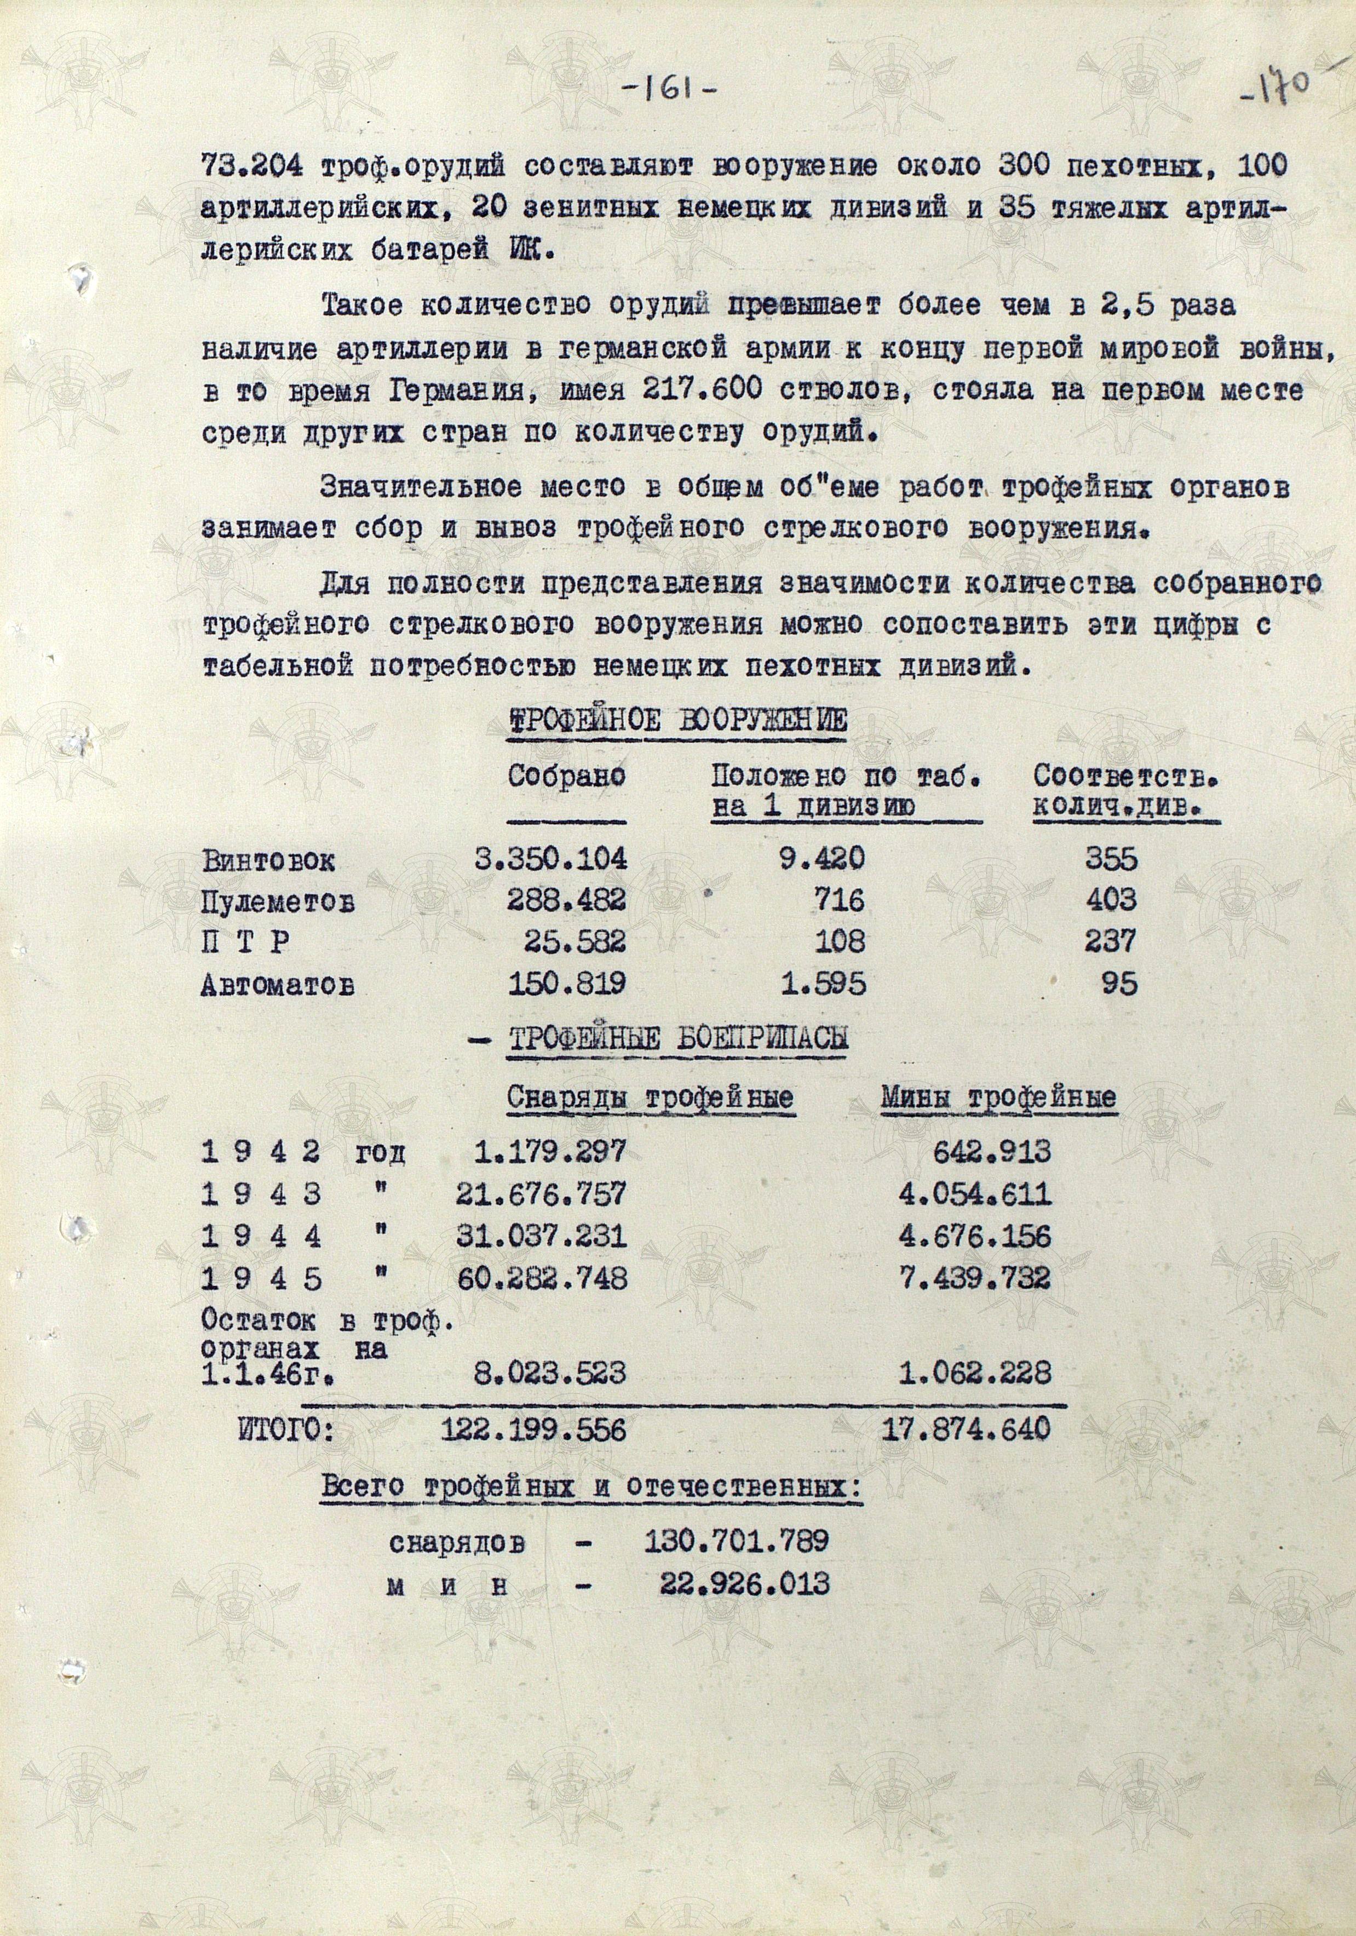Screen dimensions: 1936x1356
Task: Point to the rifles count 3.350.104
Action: point(551,859)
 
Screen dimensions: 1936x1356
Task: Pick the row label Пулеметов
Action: point(278,902)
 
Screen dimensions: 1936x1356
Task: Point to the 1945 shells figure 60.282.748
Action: point(542,1278)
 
